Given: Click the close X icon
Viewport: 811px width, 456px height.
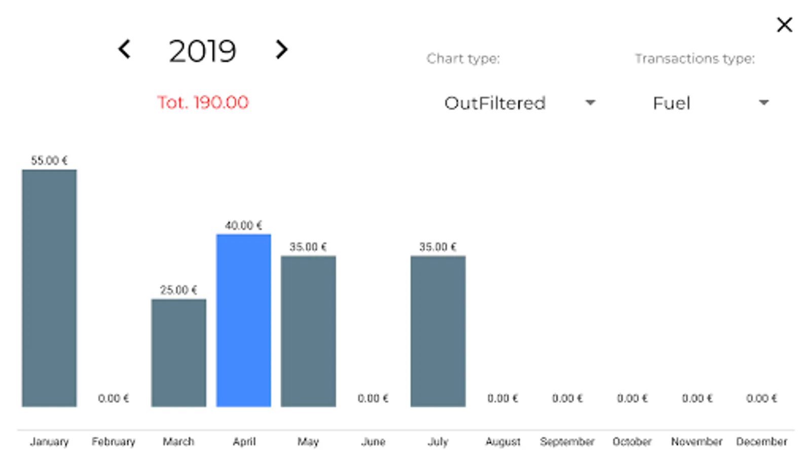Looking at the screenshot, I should pos(784,24).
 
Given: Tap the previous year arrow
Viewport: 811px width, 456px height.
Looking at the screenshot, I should pos(124,50).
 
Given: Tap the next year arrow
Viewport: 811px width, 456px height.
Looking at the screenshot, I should pos(281,50).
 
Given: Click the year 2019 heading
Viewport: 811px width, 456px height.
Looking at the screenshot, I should pos(202,51).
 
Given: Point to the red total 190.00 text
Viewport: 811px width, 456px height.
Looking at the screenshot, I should pos(203,102).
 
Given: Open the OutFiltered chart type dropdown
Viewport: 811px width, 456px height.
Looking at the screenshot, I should pos(520,103).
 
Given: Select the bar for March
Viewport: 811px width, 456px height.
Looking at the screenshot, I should pos(178,353).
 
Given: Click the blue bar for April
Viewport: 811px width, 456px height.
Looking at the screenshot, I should pos(243,320).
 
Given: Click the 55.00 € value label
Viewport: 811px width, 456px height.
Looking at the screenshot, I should pos(49,161).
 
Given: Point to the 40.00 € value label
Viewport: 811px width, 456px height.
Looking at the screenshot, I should pos(243,225).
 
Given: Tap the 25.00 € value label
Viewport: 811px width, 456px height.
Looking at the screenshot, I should pos(178,290).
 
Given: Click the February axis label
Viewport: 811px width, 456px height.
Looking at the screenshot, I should pos(114,441).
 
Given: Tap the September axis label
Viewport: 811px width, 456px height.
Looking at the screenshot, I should pos(567,441).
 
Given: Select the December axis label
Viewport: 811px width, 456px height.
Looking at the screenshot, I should pos(762,441).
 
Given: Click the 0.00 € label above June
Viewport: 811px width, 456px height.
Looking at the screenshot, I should pos(373,398).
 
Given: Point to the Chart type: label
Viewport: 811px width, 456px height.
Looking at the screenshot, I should pos(463,59).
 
